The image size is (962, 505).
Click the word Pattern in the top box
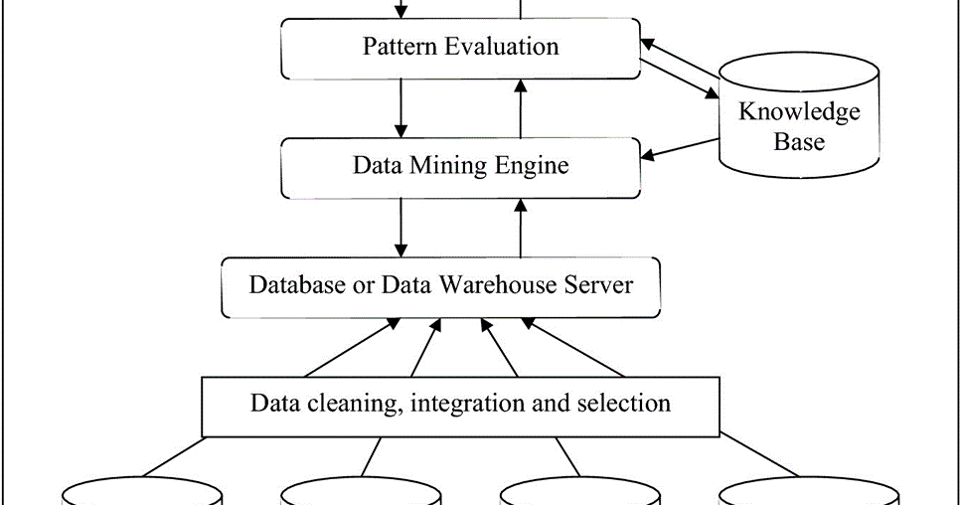coord(398,47)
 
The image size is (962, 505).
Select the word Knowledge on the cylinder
coord(799,111)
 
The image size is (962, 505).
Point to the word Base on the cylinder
coord(799,141)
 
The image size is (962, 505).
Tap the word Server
coord(598,284)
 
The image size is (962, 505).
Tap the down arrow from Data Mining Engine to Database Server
coord(401,227)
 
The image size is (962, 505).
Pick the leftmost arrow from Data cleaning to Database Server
coord(348,347)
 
